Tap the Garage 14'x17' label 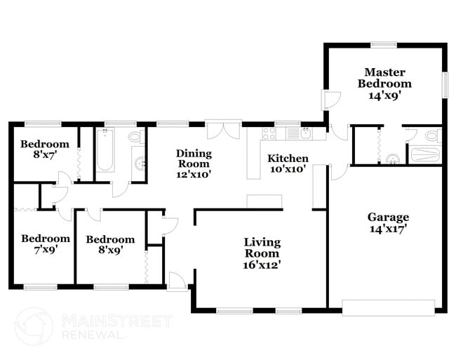388,222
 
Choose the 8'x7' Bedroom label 39,150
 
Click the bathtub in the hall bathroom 105,151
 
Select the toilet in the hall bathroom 135,137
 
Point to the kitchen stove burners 269,133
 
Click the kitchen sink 306,133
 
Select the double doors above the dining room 223,131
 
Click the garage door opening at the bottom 388,306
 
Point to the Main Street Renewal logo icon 34,327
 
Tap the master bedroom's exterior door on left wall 328,100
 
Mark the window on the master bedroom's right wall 444,86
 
